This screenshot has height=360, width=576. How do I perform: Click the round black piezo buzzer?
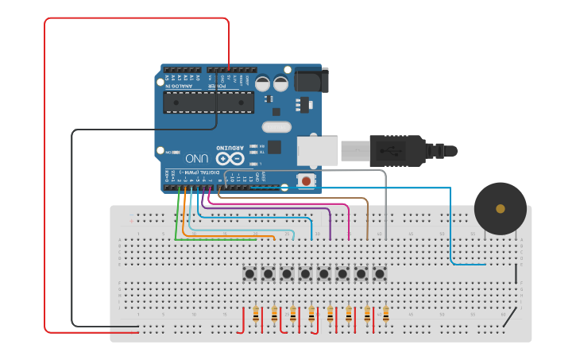point(500,208)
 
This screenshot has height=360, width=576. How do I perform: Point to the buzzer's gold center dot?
point(500,209)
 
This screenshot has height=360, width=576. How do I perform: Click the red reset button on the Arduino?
point(306,181)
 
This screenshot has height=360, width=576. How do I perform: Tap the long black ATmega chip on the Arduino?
point(208,102)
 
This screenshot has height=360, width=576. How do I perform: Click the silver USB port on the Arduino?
point(318,151)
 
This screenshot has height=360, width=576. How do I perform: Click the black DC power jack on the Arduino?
point(311,79)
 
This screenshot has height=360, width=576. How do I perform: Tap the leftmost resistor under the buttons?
point(256,315)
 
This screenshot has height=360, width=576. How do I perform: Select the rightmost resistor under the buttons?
point(386,315)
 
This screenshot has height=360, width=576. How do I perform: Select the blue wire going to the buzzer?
point(450,230)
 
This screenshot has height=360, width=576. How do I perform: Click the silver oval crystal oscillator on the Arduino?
point(276,126)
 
